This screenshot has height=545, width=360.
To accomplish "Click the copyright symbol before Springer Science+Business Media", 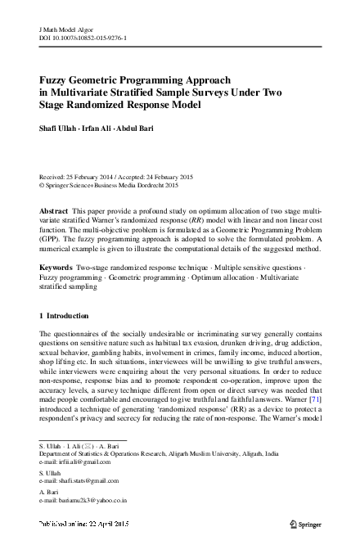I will [43, 185].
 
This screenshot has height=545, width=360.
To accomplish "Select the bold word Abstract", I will [54, 210].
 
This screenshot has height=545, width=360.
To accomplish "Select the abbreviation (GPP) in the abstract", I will [51, 240].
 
